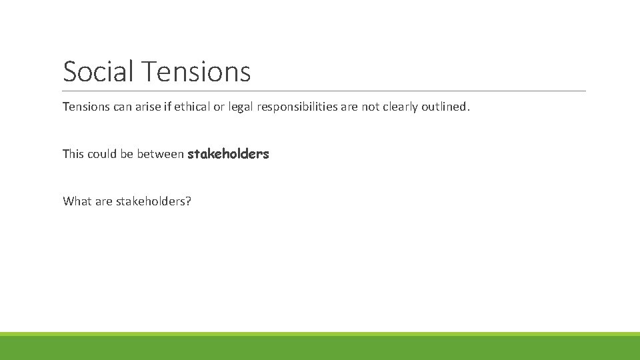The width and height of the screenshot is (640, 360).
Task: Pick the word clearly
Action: pos(399,107)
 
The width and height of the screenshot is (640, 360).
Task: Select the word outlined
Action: pos(445,107)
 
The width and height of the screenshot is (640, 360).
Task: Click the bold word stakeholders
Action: pos(228,154)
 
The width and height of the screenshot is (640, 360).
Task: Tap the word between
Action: pos(160,154)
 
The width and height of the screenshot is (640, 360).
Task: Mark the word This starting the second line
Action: pos(73,154)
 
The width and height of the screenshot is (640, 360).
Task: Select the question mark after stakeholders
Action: pos(188,201)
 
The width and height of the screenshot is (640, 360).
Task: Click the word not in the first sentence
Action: pos(369,107)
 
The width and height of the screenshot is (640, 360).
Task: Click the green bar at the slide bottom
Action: pos(320,347)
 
